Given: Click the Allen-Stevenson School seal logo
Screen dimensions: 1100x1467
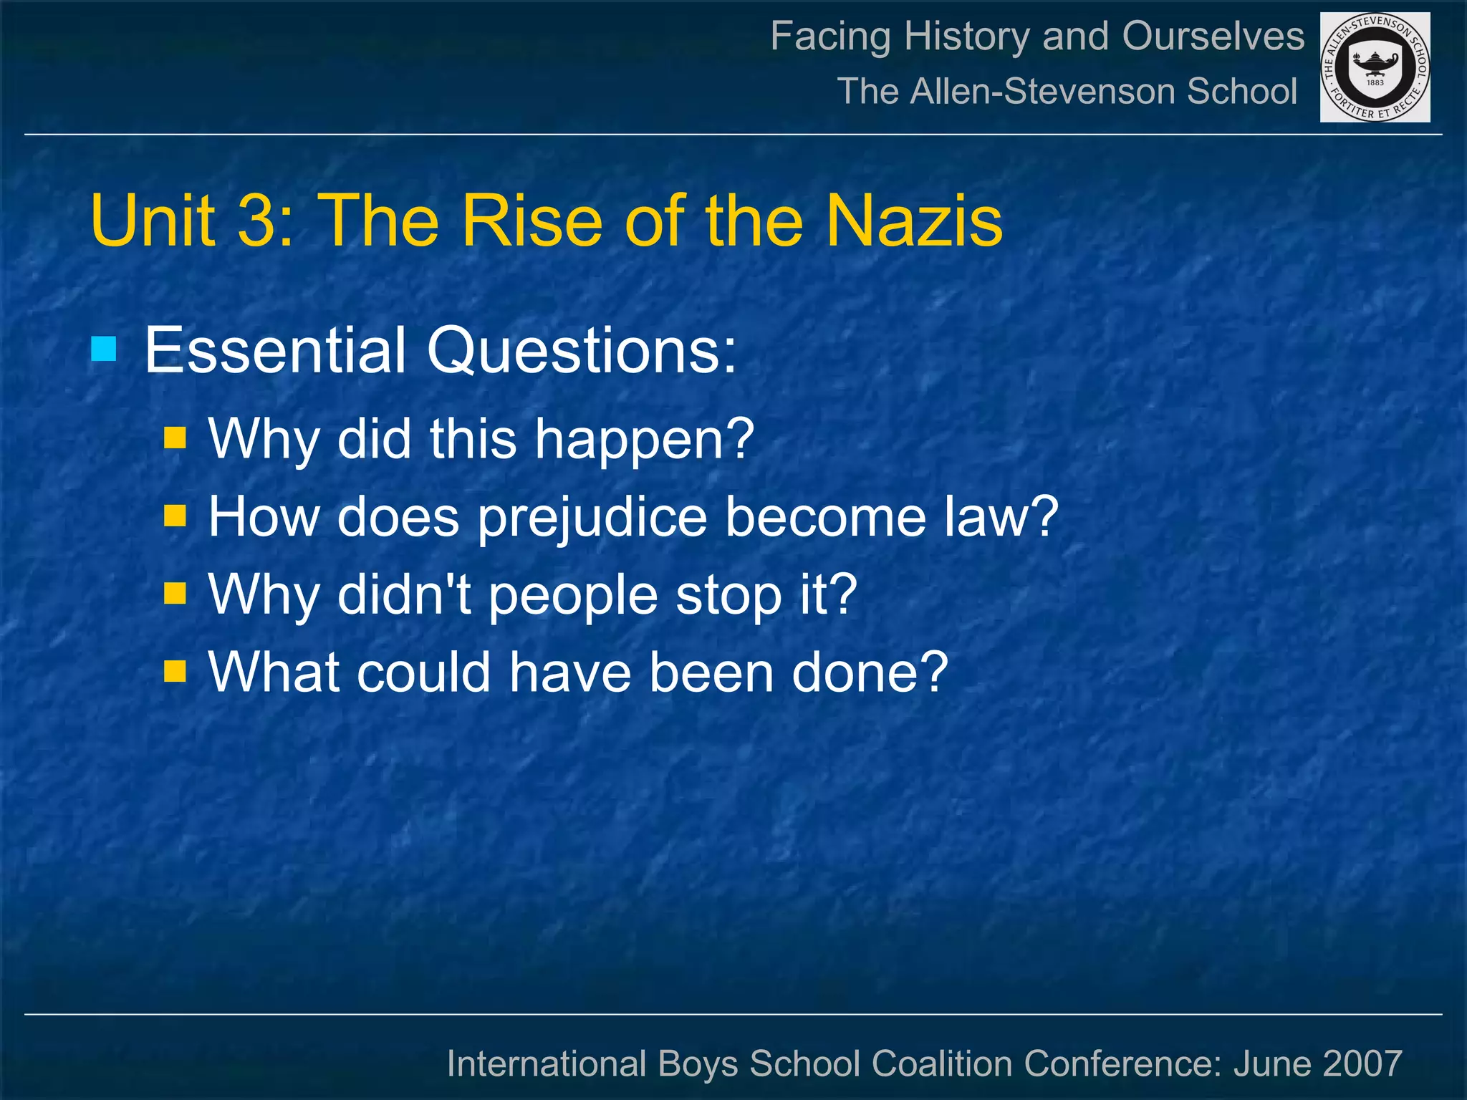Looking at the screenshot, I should click(1375, 67).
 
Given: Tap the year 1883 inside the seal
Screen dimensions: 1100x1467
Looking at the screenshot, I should click(1375, 82).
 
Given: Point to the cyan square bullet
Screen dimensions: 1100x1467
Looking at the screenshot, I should click(104, 350).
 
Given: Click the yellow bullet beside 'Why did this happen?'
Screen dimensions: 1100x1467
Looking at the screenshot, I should click(175, 438).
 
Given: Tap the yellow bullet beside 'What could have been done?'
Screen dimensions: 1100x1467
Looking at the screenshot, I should click(175, 672).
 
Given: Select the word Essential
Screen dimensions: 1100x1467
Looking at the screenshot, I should click(276, 350).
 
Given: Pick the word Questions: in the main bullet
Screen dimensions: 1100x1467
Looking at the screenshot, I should click(582, 352).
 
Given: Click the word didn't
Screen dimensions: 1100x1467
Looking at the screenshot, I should click(404, 594).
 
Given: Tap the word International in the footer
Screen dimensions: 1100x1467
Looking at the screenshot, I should click(547, 1063).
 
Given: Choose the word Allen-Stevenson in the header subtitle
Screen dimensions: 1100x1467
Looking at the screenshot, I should click(1043, 92).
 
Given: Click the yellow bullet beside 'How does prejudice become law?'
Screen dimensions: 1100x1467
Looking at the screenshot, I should click(175, 516).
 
